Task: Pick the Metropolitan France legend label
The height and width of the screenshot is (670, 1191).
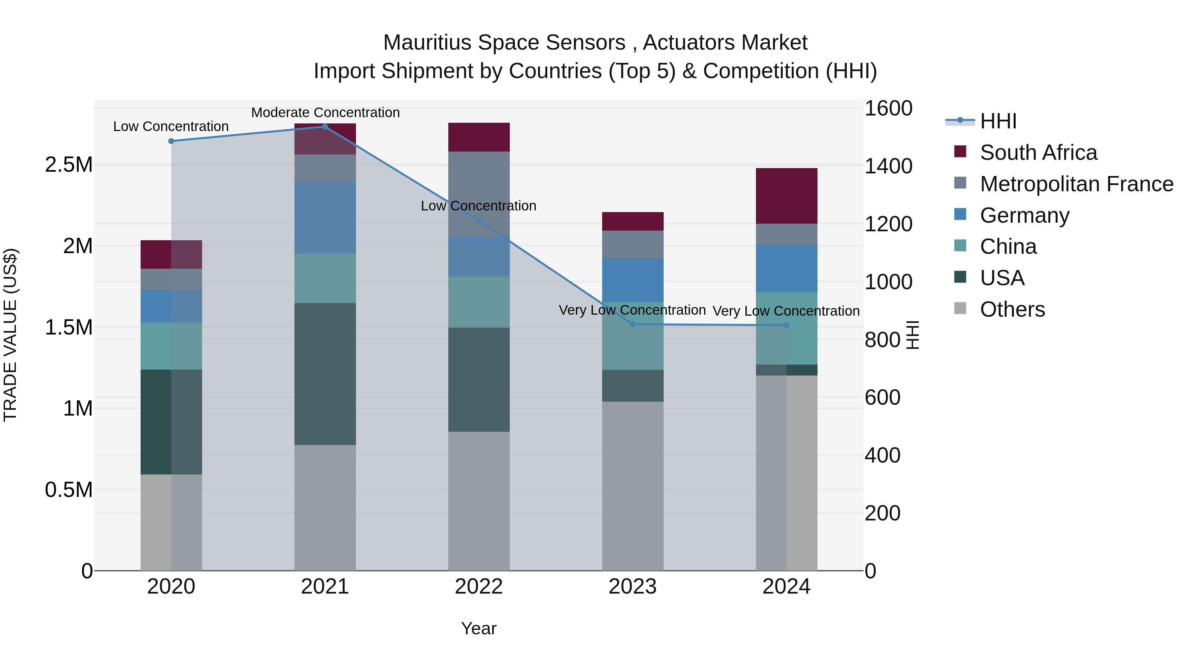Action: (x=1076, y=184)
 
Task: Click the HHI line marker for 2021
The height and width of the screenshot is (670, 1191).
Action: (x=325, y=127)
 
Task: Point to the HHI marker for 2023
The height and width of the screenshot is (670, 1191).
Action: (x=633, y=324)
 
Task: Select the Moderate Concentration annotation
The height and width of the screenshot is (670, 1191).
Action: (x=325, y=112)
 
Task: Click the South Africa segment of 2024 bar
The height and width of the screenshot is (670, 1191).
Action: (x=786, y=196)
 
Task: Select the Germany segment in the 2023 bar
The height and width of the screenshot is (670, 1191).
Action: (x=633, y=280)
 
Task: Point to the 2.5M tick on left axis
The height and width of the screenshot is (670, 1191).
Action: (x=68, y=165)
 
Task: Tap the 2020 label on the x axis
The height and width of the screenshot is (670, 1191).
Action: (x=171, y=587)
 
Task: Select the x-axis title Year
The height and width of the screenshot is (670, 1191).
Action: (x=478, y=628)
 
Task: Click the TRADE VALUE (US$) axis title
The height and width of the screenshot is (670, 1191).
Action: (x=10, y=335)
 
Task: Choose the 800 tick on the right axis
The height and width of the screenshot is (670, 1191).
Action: (x=882, y=340)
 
